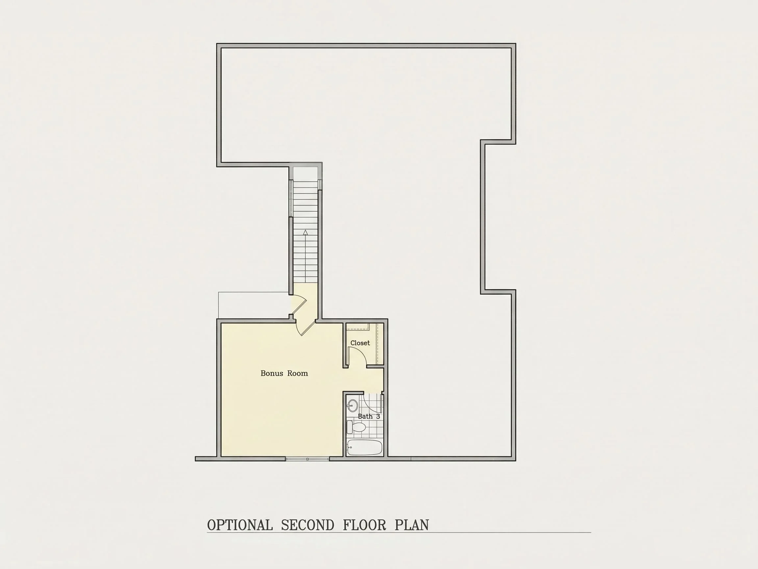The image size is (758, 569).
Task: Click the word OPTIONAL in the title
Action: point(240,525)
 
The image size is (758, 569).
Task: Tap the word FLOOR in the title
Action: point(364,525)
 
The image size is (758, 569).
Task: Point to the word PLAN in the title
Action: point(412,525)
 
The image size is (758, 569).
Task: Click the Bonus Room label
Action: point(284,373)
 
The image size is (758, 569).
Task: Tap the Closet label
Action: point(360,343)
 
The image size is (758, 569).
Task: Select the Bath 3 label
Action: point(369,416)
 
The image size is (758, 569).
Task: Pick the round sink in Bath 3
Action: point(352,406)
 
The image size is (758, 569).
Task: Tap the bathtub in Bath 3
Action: point(364,447)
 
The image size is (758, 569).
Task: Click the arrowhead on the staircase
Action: point(305,232)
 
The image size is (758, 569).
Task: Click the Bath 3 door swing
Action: point(372,403)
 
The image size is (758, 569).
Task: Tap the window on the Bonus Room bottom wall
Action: point(307,459)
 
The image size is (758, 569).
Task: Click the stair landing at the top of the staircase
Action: point(306,174)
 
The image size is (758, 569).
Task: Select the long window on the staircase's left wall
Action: point(291,198)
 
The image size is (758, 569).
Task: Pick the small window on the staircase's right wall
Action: point(320,184)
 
